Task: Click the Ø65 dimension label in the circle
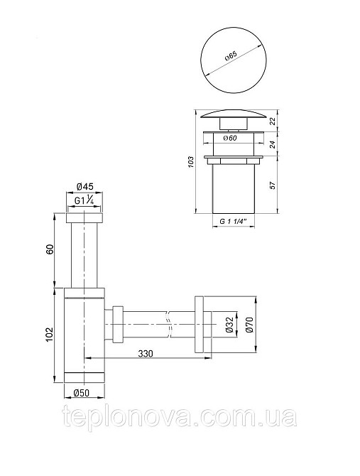pyautogui.click(x=231, y=56)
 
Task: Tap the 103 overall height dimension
pyautogui.click(x=190, y=162)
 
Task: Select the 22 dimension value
pyautogui.click(x=273, y=121)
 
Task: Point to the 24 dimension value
pyautogui.click(x=273, y=144)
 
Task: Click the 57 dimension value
pyautogui.click(x=273, y=185)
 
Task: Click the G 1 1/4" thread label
pyautogui.click(x=233, y=221)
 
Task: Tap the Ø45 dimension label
pyautogui.click(x=85, y=186)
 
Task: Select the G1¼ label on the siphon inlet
pyautogui.click(x=84, y=200)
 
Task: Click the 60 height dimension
pyautogui.click(x=50, y=249)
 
